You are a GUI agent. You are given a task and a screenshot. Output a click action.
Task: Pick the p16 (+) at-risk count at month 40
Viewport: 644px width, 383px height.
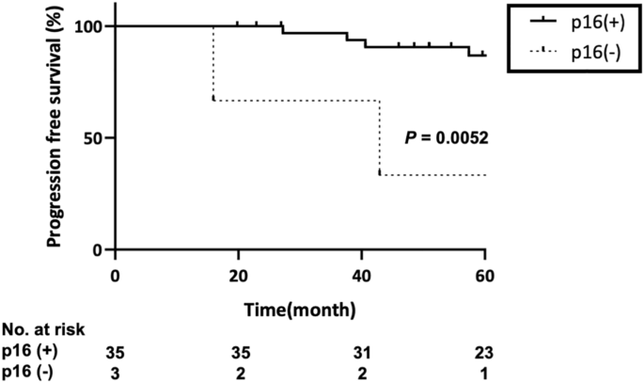coord(361,353)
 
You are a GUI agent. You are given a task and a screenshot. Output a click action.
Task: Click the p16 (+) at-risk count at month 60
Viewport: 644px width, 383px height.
coord(485,353)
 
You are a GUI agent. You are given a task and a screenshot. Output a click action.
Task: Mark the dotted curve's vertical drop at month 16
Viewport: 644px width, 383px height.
coord(213,62)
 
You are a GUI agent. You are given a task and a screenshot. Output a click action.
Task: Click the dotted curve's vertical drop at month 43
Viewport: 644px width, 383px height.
coord(379,137)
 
